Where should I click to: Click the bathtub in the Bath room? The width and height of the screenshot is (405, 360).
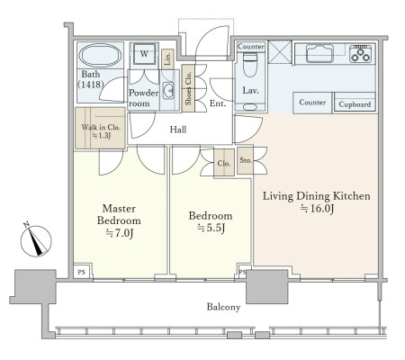tap(100, 56)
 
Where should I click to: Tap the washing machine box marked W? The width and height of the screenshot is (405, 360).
tap(144, 54)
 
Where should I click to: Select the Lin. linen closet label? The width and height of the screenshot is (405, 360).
tap(167, 58)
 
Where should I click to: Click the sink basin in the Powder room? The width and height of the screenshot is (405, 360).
tap(168, 90)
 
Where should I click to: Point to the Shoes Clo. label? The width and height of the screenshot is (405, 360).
tap(188, 88)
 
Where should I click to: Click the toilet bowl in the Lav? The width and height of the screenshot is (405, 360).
tap(249, 65)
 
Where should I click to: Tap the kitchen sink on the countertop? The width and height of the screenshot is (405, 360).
tap(319, 53)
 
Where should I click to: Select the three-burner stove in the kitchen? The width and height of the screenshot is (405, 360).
tap(360, 53)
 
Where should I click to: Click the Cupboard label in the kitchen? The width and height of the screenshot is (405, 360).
tap(355, 104)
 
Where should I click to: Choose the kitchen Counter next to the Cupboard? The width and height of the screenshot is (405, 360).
tap(312, 103)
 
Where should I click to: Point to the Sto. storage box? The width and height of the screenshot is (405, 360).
tap(245, 160)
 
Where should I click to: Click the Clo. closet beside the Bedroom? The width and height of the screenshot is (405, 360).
tap(224, 163)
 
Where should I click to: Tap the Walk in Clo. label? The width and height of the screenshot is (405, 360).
tap(101, 127)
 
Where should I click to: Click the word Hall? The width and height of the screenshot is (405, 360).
tap(178, 130)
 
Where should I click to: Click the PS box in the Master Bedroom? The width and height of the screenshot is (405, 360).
tap(81, 272)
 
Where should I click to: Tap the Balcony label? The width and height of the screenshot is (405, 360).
tap(223, 307)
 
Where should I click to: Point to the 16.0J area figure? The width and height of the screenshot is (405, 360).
tap(318, 209)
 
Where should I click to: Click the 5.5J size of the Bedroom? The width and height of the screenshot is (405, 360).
tap(211, 229)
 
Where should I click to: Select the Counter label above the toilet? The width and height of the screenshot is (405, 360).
tap(251, 47)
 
